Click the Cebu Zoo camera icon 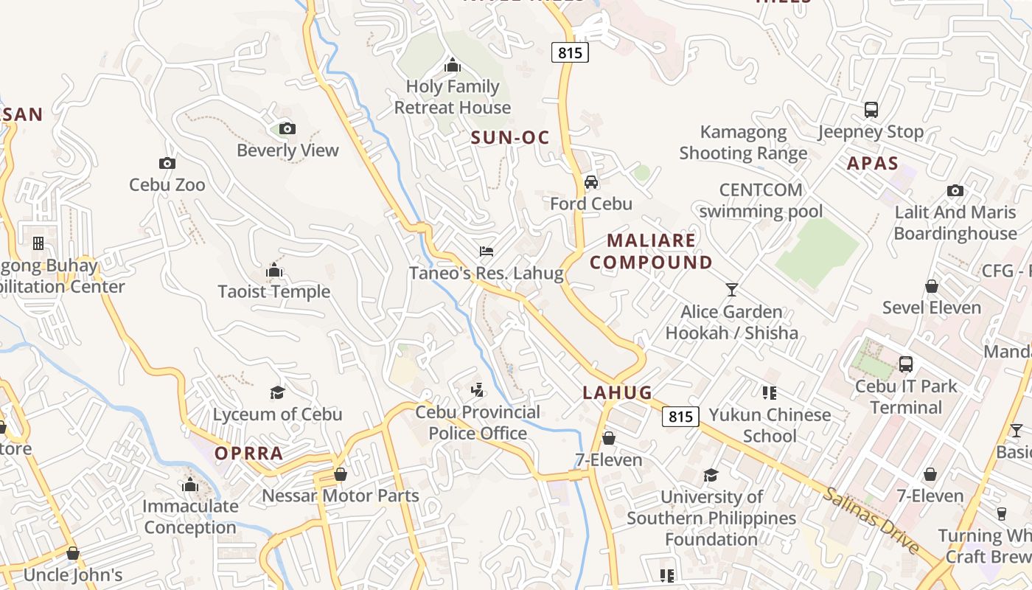167,164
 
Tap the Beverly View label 287,150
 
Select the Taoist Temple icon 274,271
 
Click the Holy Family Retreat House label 453,97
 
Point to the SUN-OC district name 510,137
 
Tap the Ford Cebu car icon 591,182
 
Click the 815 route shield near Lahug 680,417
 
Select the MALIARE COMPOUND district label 651,251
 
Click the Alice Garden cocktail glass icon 731,290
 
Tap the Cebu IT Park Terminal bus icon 906,364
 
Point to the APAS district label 873,164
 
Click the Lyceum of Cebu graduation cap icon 278,392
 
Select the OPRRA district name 249,454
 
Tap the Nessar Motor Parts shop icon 341,473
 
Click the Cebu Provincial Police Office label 478,423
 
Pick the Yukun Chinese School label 770,426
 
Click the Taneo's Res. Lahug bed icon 486,252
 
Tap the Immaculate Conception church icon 190,485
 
